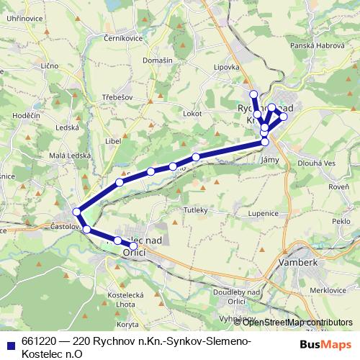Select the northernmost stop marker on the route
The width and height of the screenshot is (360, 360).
point(253,95)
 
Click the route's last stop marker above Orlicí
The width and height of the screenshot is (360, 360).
point(133,246)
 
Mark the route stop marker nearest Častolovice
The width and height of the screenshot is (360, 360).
point(76,212)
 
